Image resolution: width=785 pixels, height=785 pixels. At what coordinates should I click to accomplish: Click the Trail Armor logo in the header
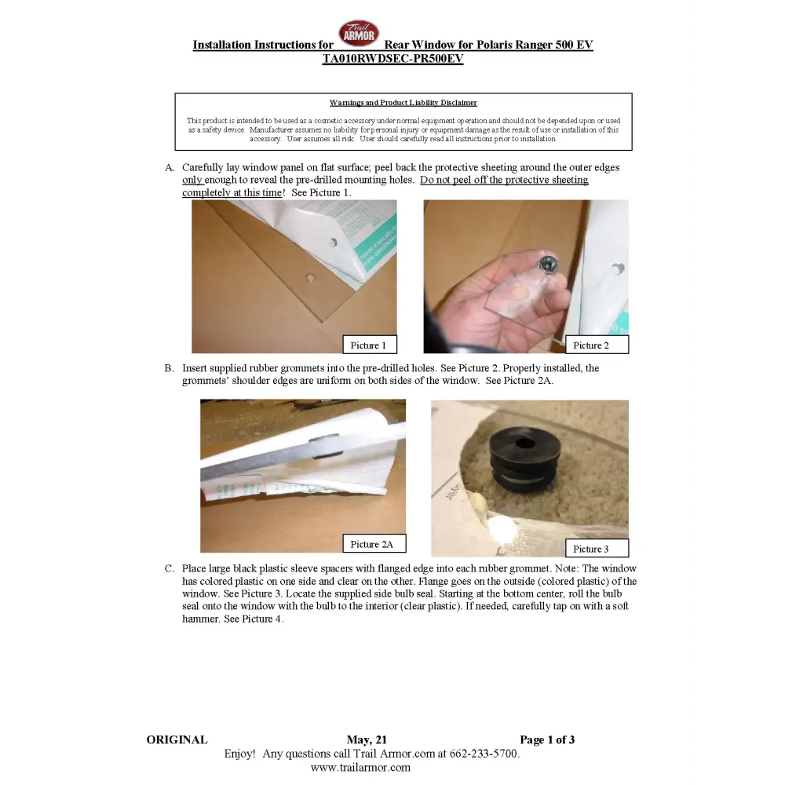359,33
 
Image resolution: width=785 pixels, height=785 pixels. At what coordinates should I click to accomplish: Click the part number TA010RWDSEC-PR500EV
393,59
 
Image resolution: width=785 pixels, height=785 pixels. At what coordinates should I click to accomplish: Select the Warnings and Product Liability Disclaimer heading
403,103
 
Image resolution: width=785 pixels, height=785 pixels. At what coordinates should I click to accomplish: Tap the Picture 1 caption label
370,345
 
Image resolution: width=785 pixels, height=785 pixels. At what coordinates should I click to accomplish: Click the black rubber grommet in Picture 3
524,458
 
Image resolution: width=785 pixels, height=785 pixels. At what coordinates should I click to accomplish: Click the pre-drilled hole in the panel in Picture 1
310,277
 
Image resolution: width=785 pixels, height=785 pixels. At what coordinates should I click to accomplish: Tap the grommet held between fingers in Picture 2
548,264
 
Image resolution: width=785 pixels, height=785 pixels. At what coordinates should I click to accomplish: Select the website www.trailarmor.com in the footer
360,768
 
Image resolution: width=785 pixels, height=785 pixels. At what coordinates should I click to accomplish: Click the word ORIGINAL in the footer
177,740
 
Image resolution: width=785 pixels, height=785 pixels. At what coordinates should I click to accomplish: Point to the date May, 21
367,740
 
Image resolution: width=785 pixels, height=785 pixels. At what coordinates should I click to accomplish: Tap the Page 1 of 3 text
547,740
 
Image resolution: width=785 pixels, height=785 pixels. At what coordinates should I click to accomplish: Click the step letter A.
170,168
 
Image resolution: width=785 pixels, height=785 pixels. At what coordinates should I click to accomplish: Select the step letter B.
170,368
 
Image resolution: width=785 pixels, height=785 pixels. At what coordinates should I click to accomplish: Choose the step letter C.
170,568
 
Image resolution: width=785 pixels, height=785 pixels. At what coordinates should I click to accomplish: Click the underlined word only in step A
192,181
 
